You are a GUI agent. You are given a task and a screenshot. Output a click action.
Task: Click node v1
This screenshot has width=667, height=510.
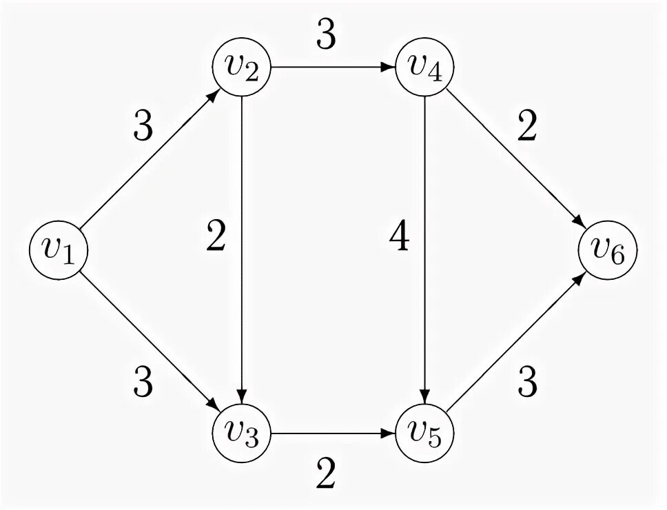pyautogui.click(x=57, y=251)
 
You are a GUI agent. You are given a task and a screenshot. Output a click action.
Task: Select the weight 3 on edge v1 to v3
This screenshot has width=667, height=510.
pyautogui.click(x=143, y=381)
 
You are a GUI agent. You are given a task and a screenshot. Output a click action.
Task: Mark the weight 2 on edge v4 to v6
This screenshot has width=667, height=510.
pyautogui.click(x=526, y=127)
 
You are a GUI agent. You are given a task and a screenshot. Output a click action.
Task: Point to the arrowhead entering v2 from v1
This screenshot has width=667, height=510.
pyautogui.click(x=216, y=94)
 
